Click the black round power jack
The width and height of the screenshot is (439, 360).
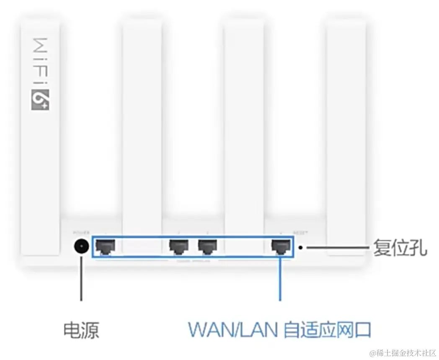tap(81, 247)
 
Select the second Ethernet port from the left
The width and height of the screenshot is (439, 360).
tap(178, 247)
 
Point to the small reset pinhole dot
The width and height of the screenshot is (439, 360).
tap(301, 247)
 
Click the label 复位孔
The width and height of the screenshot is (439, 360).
tap(400, 248)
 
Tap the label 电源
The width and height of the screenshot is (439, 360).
tap(81, 330)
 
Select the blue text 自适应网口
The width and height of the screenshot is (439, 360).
tap(327, 329)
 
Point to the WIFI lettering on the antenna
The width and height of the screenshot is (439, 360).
tap(40, 59)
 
